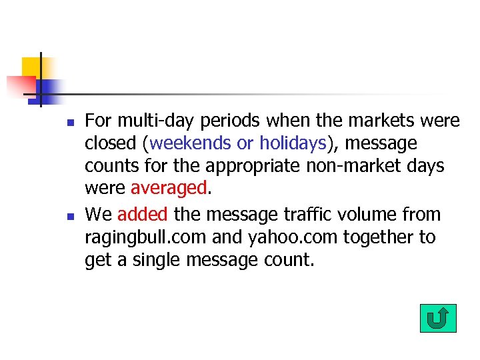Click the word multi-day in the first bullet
coord(148,121)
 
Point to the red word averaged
coord(169,189)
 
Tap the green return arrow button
coord(438,318)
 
